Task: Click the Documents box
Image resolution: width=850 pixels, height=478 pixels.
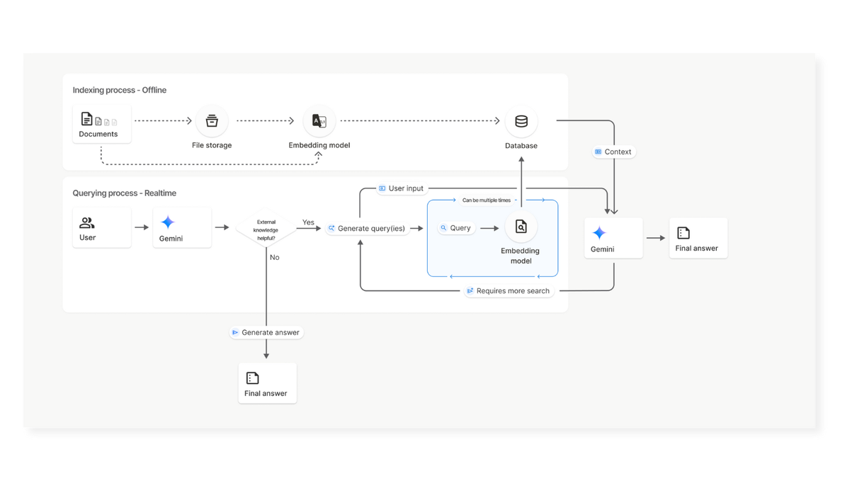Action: [x=102, y=124]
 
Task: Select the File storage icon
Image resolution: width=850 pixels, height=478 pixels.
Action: [x=212, y=121]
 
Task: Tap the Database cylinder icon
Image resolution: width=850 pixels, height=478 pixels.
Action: [x=521, y=121]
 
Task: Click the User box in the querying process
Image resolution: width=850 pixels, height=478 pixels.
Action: [x=102, y=227]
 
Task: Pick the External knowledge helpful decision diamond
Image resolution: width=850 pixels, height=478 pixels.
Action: [x=266, y=228]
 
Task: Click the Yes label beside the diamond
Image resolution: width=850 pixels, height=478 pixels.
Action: [x=308, y=222]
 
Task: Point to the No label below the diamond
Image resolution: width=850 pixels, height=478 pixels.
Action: [x=274, y=257]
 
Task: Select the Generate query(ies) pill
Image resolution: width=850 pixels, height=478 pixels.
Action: [x=368, y=228]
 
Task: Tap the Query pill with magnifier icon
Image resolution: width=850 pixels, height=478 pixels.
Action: [x=456, y=228]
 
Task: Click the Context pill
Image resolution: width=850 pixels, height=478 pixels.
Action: [x=613, y=152]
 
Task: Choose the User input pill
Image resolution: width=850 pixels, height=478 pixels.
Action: [x=402, y=188]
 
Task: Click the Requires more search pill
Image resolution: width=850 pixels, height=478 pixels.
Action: [x=509, y=291]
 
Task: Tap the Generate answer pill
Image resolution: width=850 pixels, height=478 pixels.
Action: [x=266, y=332]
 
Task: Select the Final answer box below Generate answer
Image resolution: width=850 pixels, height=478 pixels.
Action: [x=268, y=383]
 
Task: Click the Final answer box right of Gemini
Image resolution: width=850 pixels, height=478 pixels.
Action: [x=698, y=238]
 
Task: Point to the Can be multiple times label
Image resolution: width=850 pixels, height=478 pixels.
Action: [x=487, y=200]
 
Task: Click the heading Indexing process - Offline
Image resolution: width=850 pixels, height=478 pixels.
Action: [x=120, y=90]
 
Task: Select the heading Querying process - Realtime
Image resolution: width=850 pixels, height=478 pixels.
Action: [x=125, y=193]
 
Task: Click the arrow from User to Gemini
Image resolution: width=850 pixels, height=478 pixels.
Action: [x=142, y=227]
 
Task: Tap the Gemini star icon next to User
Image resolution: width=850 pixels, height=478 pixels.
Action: [x=168, y=222]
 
